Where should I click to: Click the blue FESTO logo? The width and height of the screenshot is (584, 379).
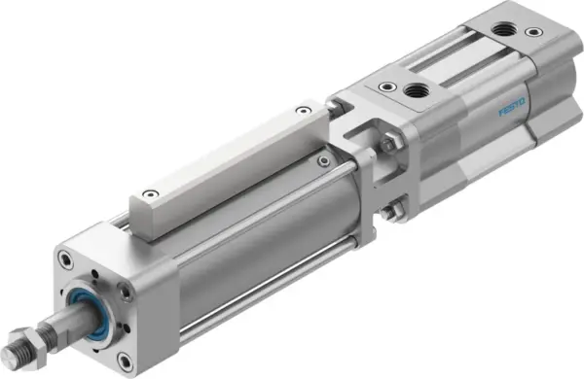[512, 107]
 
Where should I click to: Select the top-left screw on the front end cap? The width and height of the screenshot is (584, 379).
[64, 258]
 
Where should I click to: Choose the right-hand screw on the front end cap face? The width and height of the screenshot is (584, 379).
[124, 293]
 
